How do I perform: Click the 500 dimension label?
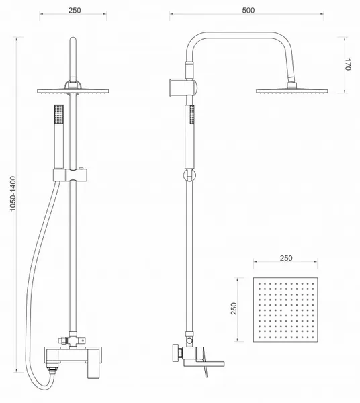coord(249,10)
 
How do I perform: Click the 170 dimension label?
coord(347,64)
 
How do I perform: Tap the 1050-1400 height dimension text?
coord(13,193)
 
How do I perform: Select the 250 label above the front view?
coord(75,10)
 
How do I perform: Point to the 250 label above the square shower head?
coord(286,258)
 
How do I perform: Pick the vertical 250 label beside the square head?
coord(234,308)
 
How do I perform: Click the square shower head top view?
coord(285,310)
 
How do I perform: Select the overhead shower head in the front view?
coord(73,91)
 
